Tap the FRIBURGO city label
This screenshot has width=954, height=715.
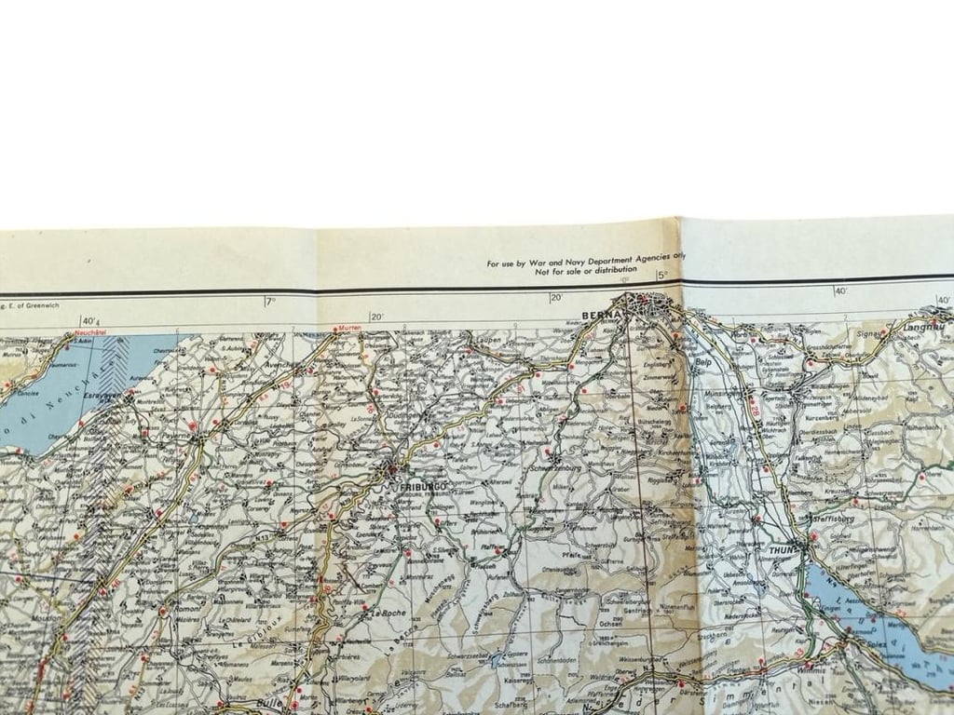point(424,487)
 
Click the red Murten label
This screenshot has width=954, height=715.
point(349,329)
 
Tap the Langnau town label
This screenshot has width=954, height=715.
point(922,328)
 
